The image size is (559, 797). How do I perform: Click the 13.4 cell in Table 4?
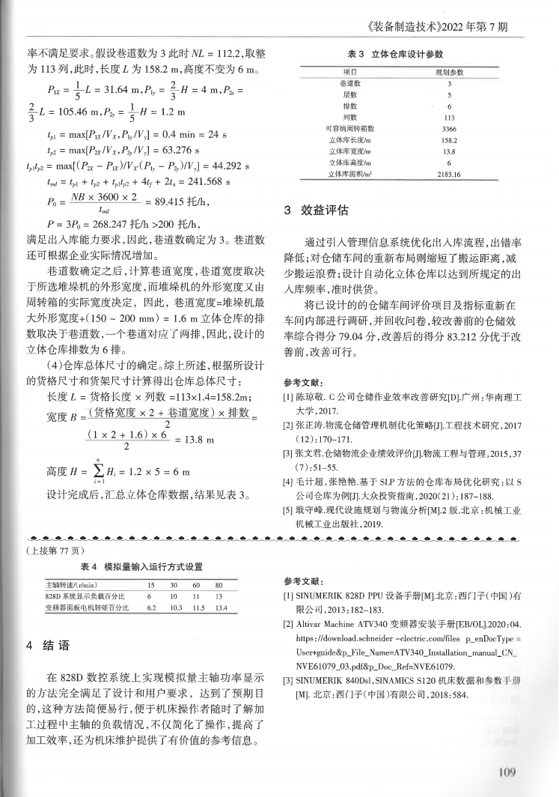point(220,607)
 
